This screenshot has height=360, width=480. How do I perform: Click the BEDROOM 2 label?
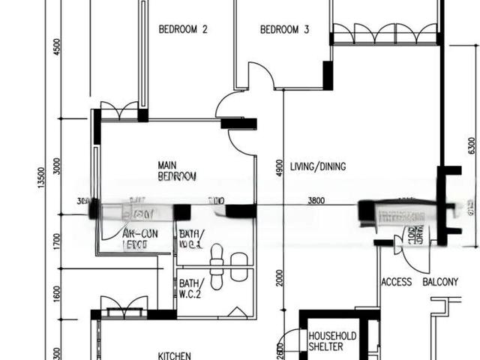point(183,30)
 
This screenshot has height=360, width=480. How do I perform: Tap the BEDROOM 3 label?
point(284,30)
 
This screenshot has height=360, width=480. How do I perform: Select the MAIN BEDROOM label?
point(177,171)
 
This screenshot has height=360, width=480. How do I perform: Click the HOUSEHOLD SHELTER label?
point(332,341)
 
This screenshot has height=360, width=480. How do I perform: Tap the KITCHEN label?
point(173,355)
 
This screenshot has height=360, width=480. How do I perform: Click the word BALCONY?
point(440,282)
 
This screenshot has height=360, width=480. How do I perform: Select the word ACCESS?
point(396,282)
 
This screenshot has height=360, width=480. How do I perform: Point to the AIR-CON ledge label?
point(139,239)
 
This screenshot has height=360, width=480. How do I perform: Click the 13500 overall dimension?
point(42,178)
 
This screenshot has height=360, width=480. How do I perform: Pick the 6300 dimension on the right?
point(471,145)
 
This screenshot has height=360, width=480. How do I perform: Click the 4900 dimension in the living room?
point(278,166)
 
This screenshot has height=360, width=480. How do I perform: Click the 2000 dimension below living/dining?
point(278,279)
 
